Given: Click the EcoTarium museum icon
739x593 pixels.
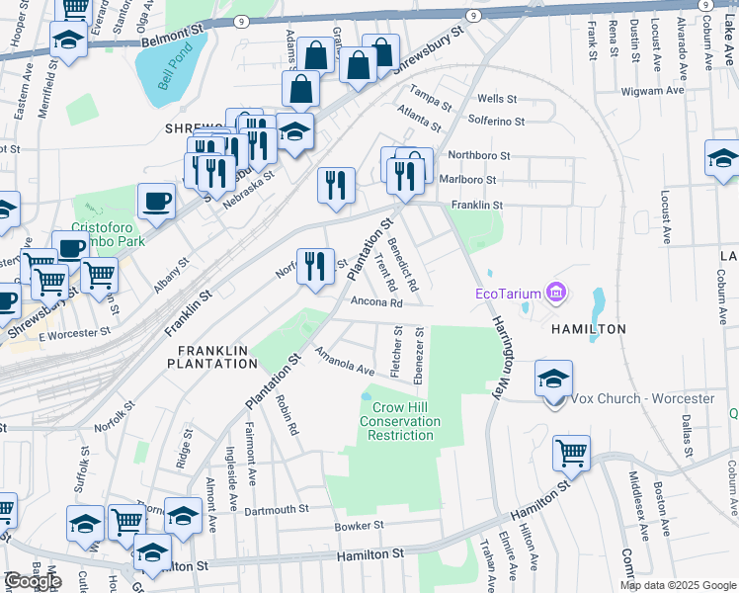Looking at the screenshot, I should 556,293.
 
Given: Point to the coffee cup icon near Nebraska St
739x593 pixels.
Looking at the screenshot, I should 156,203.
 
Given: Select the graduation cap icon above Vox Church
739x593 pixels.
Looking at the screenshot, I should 553,380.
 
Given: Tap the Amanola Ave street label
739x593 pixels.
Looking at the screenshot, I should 345,362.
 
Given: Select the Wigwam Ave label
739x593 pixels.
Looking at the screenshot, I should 652,90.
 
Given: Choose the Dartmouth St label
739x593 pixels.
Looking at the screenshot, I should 277,510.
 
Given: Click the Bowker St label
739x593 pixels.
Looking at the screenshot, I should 359,526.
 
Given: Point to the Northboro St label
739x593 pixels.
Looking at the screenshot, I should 478,155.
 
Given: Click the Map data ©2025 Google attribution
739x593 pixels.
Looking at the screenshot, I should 677,585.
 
